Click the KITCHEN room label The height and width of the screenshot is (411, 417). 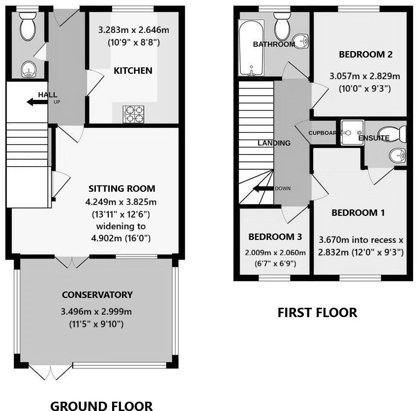click(x=133, y=70)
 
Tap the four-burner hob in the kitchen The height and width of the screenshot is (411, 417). click(x=132, y=114)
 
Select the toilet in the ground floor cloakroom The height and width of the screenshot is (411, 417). click(x=27, y=27)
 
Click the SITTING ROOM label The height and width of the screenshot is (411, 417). click(x=121, y=188)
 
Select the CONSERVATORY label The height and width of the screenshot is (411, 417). click(x=97, y=294)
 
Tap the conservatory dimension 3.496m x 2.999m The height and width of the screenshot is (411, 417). click(x=97, y=312)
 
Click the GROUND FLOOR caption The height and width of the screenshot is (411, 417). click(x=102, y=405)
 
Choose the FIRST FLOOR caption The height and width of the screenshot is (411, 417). click(x=317, y=312)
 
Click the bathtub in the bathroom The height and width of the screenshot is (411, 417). click(x=251, y=48)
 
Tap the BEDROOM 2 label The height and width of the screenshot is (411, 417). click(x=365, y=55)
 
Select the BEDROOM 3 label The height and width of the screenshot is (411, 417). click(x=275, y=237)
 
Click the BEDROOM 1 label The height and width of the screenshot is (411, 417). click(x=358, y=213)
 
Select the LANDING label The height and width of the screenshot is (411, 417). click(x=274, y=143)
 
